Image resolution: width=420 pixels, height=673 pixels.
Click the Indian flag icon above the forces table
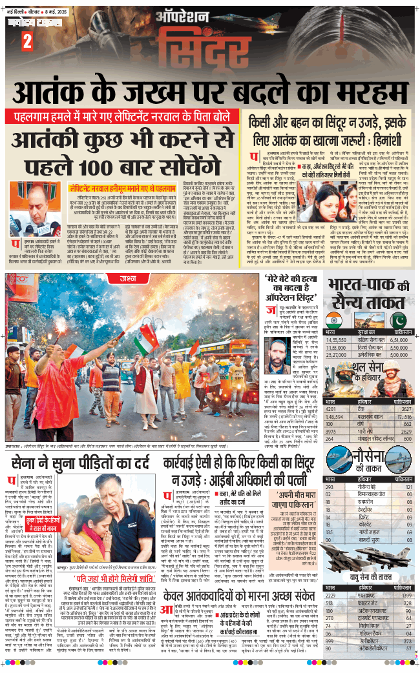(334, 320)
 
